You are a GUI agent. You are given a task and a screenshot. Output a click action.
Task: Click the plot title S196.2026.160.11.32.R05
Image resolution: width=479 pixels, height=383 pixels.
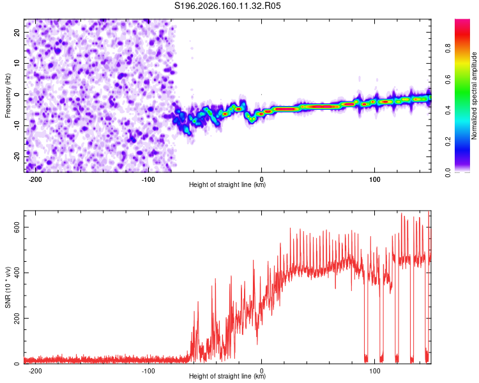point(227,6)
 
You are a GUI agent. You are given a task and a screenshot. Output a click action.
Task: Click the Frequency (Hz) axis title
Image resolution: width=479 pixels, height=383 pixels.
point(8,96)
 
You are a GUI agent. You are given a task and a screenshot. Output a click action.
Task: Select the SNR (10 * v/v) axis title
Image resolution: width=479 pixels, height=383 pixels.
point(8,287)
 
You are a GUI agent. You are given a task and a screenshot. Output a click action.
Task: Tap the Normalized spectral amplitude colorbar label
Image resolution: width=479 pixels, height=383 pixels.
point(474,96)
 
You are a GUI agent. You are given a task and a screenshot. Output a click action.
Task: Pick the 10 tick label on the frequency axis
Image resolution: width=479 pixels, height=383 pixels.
point(17,63)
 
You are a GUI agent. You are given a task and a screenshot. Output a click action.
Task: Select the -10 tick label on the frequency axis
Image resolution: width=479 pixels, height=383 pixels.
point(17,126)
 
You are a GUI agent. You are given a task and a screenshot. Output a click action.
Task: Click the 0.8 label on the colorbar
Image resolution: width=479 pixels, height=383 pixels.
point(448,49)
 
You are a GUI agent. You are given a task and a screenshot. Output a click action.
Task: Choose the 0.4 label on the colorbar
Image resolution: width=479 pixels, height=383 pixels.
point(448,110)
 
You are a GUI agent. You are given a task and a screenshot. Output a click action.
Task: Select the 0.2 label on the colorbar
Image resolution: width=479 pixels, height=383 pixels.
point(448,142)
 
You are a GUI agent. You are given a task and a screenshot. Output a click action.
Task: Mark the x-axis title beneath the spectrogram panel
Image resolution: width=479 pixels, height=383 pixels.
point(227,184)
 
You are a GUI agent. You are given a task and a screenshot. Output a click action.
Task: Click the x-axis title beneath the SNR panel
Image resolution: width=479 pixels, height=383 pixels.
point(227,376)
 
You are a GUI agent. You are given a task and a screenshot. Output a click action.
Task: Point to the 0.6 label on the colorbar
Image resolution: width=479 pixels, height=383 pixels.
point(448,79)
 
